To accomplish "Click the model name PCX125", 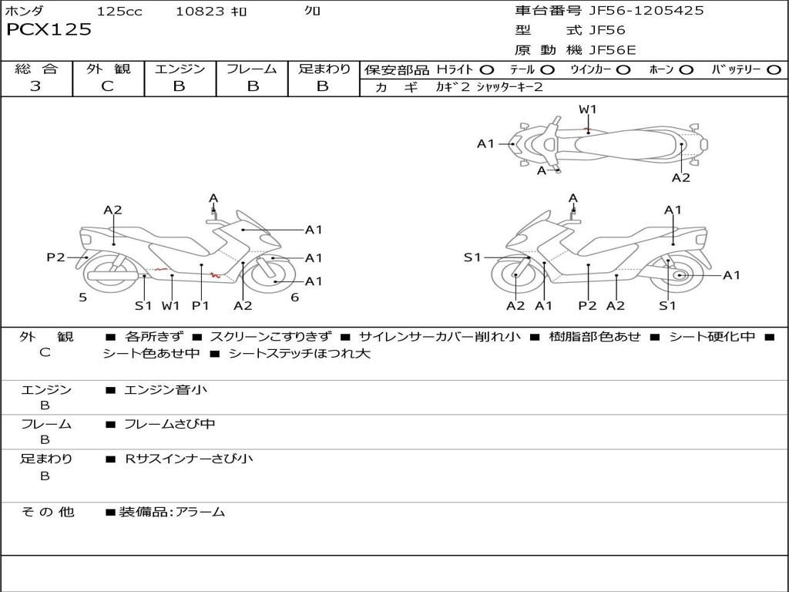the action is [x=49, y=30].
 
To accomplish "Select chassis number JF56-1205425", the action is [x=636, y=11].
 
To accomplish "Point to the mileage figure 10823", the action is [x=200, y=11].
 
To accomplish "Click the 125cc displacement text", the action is [x=119, y=11].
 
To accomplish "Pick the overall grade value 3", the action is [x=35, y=86].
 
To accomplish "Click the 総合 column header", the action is [x=35, y=69].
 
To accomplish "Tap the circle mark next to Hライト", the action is [x=487, y=69].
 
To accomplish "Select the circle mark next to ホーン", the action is [x=687, y=69].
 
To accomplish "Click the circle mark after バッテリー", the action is [x=774, y=69].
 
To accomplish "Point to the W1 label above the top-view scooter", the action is [x=588, y=109].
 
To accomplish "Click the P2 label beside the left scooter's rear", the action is [x=55, y=257].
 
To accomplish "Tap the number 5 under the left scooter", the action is [x=82, y=297].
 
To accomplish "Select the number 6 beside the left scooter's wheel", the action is [x=294, y=297].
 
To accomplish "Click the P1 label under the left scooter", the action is [x=200, y=305].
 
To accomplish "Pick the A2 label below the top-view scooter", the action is [x=681, y=178].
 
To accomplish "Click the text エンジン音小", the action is [x=166, y=390].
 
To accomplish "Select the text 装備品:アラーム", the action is [x=172, y=511].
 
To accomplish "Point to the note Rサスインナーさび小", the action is [x=189, y=459].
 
